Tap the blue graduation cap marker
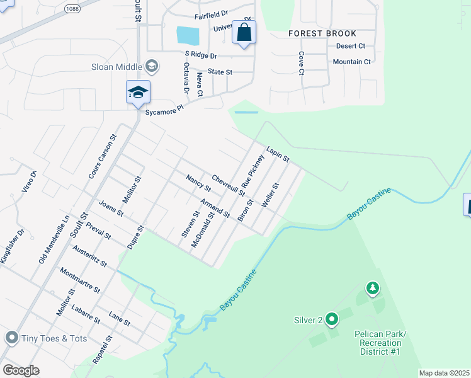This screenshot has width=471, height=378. [x=138, y=93]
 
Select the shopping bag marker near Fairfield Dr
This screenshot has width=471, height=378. [x=244, y=32]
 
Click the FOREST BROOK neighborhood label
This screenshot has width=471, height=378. [x=322, y=33]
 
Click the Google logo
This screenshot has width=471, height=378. [x=21, y=370]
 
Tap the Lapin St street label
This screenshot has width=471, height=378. [x=277, y=152]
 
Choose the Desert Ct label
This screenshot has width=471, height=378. [x=351, y=46]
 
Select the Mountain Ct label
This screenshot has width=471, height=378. [x=352, y=62]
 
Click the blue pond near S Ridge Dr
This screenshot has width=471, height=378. [x=188, y=35]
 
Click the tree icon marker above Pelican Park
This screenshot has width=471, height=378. [x=373, y=289]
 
